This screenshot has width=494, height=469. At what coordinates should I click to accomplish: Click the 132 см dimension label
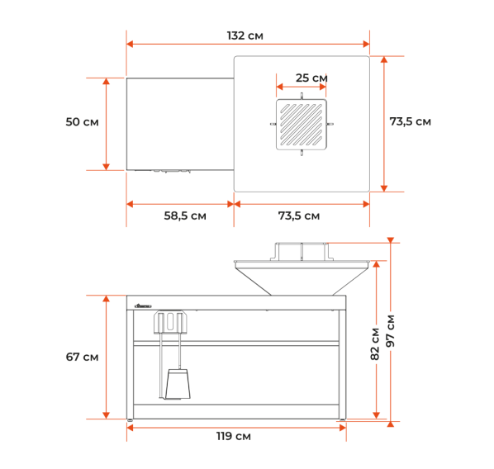(x=245, y=36)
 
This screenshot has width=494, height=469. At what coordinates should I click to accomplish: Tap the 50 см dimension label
(x=82, y=122)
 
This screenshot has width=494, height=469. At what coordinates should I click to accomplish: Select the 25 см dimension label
(x=311, y=78)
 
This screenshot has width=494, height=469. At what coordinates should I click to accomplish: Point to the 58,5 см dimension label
(x=185, y=216)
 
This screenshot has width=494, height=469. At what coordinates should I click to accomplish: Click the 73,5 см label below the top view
(x=299, y=216)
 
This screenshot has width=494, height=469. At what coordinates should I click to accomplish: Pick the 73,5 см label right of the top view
(x=411, y=121)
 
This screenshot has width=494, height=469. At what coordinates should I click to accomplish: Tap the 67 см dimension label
(x=82, y=357)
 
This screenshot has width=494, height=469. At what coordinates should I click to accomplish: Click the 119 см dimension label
(x=234, y=436)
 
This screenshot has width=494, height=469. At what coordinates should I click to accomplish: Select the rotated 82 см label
(x=375, y=343)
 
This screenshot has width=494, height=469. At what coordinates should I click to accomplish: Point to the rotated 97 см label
(x=391, y=331)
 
